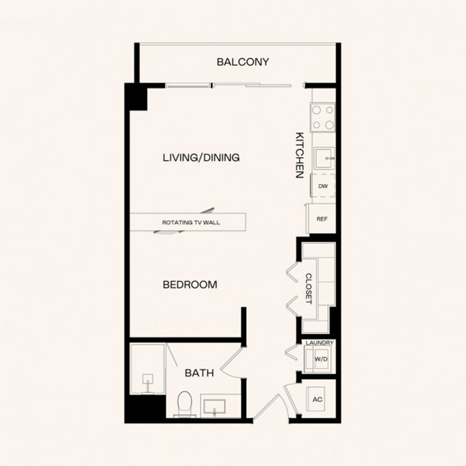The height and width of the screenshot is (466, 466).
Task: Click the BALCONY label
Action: (x=243, y=62)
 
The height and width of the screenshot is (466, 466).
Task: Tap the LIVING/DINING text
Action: (x=201, y=157)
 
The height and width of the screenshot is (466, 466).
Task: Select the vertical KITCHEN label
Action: (x=300, y=155)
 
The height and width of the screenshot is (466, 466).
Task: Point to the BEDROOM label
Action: (x=190, y=285)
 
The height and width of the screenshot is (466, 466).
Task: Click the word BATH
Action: (x=199, y=373)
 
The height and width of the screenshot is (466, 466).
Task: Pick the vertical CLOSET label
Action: (x=309, y=289)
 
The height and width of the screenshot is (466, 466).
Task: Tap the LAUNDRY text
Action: (x=319, y=343)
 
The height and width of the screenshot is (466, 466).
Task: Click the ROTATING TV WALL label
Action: (x=191, y=222)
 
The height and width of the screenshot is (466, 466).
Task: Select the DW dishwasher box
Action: (x=323, y=186)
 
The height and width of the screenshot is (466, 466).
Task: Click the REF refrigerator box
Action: (x=322, y=219)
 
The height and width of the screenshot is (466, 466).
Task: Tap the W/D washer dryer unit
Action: (x=320, y=359)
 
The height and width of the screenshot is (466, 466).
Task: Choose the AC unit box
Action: (x=316, y=399)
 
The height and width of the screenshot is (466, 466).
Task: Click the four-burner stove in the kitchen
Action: (x=323, y=118)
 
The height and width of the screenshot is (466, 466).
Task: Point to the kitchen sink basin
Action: (x=324, y=158)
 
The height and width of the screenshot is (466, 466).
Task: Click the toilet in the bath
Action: (x=184, y=403)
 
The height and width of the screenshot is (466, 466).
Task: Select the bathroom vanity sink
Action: (x=214, y=406)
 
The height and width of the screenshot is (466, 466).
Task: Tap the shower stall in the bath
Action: (x=148, y=369)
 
